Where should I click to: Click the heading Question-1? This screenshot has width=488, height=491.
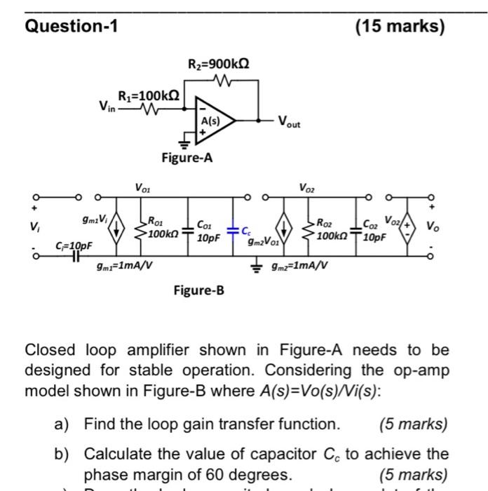coord(72,27)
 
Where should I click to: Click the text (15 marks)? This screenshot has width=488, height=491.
coord(400,27)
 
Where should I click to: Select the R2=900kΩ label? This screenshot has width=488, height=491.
coord(219,67)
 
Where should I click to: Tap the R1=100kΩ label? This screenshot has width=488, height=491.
coord(148,95)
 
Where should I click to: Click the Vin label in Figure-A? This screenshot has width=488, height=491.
coord(107,107)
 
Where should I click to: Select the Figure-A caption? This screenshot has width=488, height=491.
coord(187,159)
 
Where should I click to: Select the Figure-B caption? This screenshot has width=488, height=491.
coord(200,289)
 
